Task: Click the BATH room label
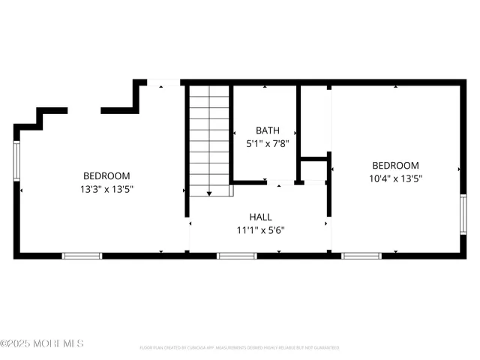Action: tap(267, 130)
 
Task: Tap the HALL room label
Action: tap(260, 217)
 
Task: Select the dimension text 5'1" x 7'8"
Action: tap(267, 142)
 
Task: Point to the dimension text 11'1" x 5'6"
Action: tap(260, 229)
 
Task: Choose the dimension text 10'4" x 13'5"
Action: tap(395, 178)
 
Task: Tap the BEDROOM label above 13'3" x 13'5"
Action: tap(107, 175)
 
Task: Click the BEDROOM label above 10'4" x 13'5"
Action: tap(395, 166)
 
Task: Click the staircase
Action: tap(209, 139)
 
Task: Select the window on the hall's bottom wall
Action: tap(237, 256)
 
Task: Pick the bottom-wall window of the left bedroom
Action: tap(82, 256)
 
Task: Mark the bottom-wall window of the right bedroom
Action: tap(361, 256)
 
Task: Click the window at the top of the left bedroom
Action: tap(163, 82)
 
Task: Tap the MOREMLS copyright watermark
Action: tap(42, 343)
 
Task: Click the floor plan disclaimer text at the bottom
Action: tap(239, 348)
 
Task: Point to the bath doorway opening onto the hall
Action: tap(281, 182)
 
